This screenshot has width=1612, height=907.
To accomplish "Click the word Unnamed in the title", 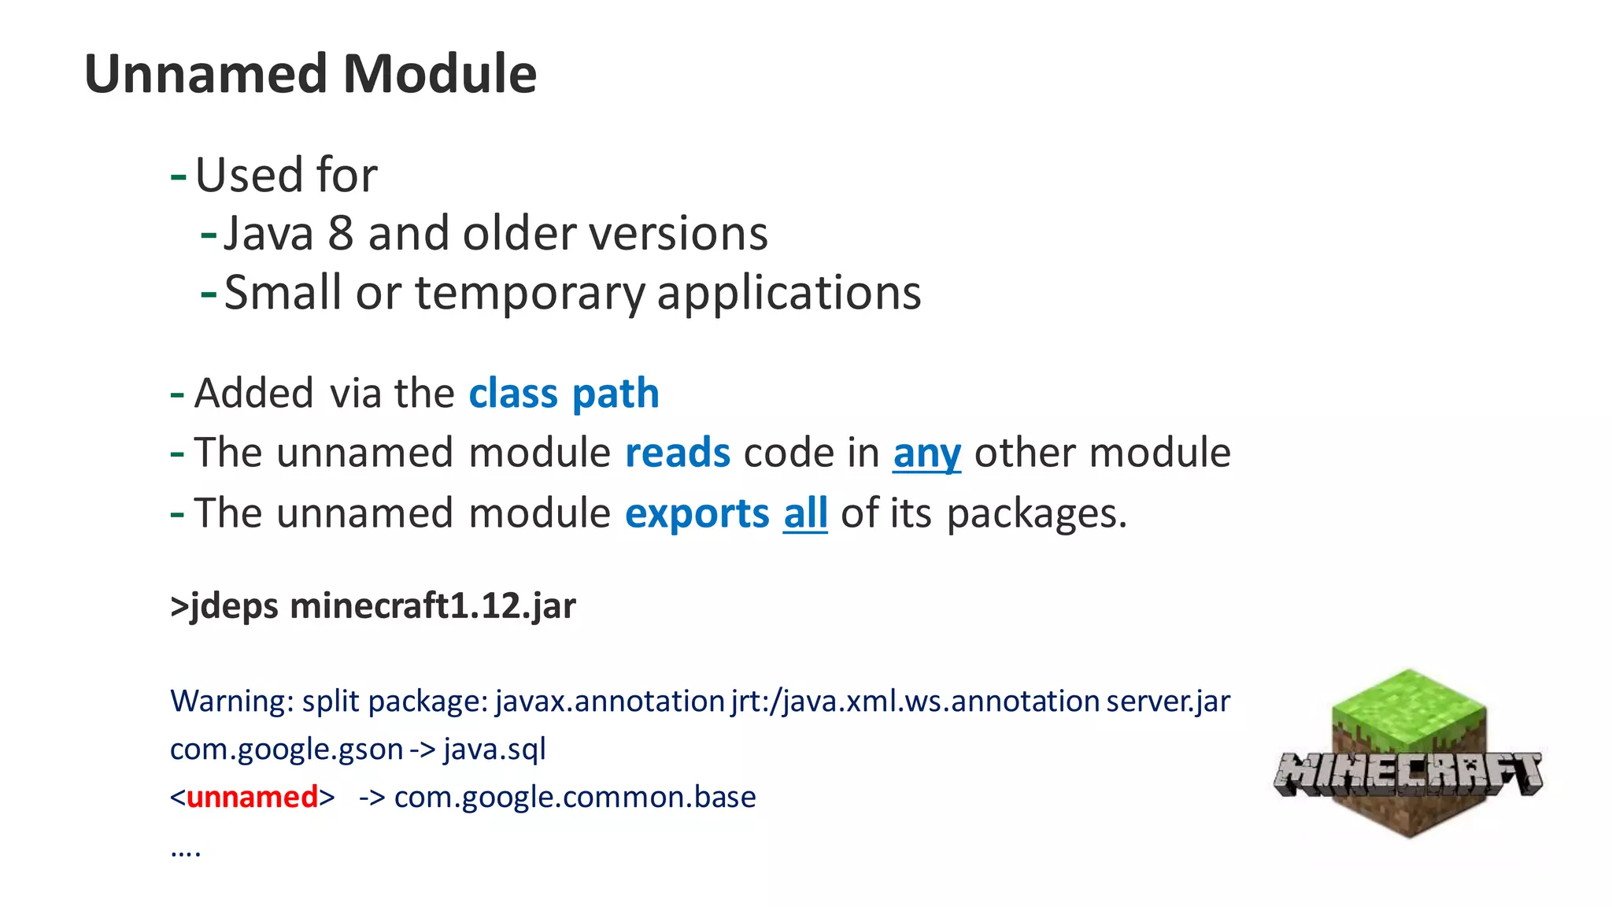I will pyautogui.click(x=205, y=74).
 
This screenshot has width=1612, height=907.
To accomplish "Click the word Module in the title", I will pyautogui.click(x=440, y=74).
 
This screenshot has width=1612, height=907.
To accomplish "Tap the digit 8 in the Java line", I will pyautogui.click(x=340, y=234).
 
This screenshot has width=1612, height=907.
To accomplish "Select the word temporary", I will pyautogui.click(x=529, y=293).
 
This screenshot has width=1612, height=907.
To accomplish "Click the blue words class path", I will pyautogui.click(x=564, y=393).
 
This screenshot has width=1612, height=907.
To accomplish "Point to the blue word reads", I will pyautogui.click(x=677, y=453).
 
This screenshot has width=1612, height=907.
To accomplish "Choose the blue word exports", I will pyautogui.click(x=697, y=513).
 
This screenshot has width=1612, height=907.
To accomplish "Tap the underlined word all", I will pyautogui.click(x=805, y=513).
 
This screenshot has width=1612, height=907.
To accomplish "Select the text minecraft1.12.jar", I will pyautogui.click(x=433, y=606).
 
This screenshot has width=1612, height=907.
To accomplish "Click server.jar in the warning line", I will pyautogui.click(x=1167, y=701).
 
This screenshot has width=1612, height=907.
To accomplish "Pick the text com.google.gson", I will pyautogui.click(x=287, y=749).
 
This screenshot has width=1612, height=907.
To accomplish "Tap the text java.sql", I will pyautogui.click(x=494, y=749).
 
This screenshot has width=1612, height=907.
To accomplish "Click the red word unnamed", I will pyautogui.click(x=252, y=797).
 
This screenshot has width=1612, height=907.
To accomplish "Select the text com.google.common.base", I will pyautogui.click(x=575, y=797).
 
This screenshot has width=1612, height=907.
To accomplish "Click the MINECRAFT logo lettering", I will pyautogui.click(x=1407, y=774).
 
